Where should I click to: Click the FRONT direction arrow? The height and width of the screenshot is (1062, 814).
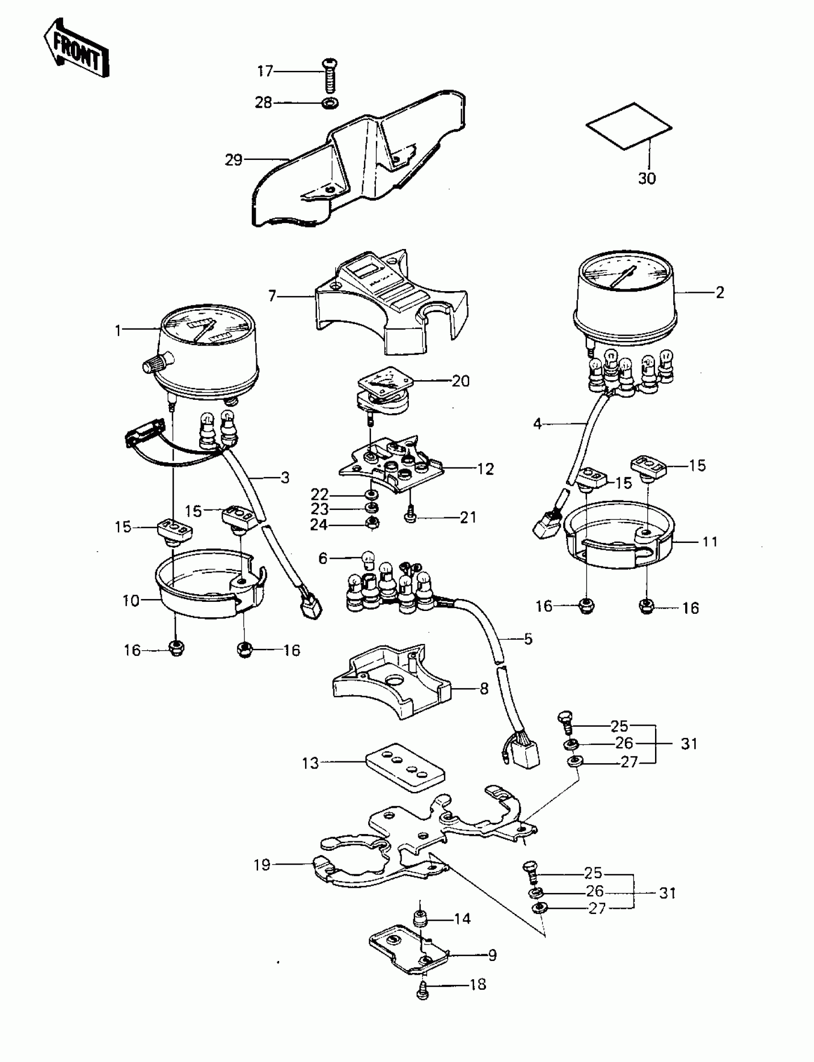point(76,48)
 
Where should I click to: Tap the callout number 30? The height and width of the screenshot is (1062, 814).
point(646,178)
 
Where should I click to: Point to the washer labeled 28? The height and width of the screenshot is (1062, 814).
point(330,103)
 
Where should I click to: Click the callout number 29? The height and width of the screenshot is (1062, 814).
point(234,159)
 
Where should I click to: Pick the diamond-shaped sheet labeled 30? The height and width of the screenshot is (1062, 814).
point(628,126)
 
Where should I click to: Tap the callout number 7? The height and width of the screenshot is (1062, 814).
point(272,295)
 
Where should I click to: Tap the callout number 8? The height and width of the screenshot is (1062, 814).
point(484,689)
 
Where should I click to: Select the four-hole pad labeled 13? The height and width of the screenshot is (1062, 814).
point(404,768)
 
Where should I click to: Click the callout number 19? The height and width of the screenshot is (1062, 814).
point(262,865)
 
